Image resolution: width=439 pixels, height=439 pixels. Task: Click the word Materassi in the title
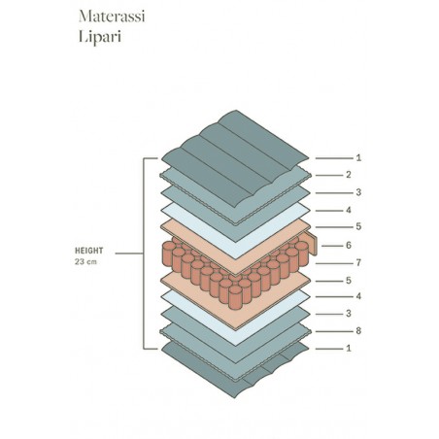click(x=112, y=17)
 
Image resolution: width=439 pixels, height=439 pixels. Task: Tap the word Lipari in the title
click(x=100, y=37)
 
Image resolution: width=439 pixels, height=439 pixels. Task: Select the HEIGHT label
click(x=89, y=251)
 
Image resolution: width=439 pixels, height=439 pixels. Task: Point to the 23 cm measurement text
click(x=85, y=261)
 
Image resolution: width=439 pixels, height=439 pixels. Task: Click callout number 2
click(x=349, y=175)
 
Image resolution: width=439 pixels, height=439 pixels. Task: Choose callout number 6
click(x=349, y=246)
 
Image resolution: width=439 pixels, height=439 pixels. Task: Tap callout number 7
click(x=358, y=263)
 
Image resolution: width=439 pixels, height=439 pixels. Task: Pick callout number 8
click(x=358, y=331)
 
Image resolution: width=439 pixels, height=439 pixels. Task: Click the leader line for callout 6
click(x=332, y=246)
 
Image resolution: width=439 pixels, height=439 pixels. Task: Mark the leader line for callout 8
click(x=334, y=331)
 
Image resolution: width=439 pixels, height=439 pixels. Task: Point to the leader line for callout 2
click(x=329, y=176)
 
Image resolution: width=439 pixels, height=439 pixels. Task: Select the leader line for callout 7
click(x=334, y=263)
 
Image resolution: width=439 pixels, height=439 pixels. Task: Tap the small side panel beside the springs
click(x=312, y=244)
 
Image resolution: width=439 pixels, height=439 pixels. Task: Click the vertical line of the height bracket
click(x=144, y=253)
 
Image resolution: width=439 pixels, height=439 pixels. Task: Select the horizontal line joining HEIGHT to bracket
click(x=129, y=253)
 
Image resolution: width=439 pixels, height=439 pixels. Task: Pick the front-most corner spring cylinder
click(x=235, y=297)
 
